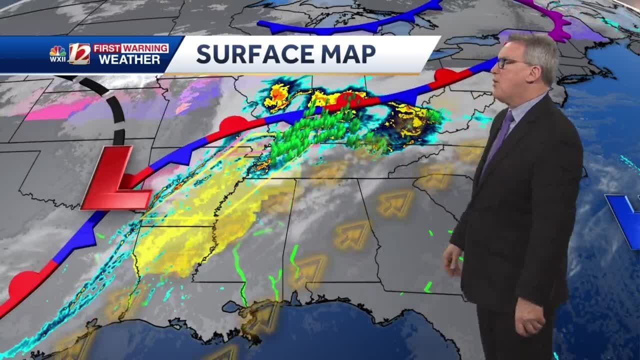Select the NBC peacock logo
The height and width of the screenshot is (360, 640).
pos(57,50)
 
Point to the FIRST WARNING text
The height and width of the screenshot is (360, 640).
pos(130,48)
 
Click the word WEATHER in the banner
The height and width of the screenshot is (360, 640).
pos(129,60)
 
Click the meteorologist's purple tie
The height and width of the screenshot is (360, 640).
pos(500,135)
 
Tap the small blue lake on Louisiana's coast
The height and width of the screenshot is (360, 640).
pos(230,306)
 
